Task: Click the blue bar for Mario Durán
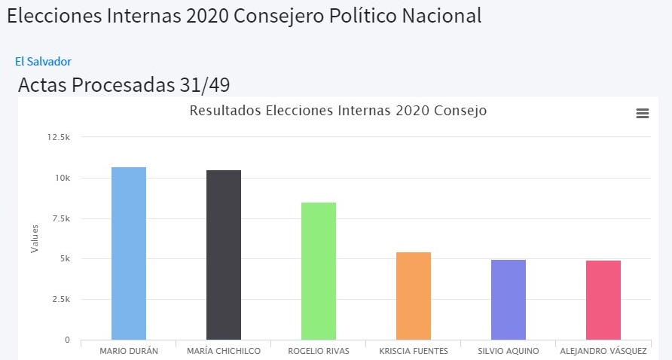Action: tap(129, 253)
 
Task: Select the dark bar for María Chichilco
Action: tap(224, 255)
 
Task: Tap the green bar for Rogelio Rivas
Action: tap(319, 271)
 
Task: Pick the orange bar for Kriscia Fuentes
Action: tap(414, 296)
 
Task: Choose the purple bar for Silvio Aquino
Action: tap(509, 300)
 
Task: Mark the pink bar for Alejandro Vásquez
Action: tap(603, 300)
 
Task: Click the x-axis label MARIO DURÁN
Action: tap(129, 351)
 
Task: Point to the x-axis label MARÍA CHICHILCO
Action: tap(224, 351)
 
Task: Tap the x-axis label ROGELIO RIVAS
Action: tap(319, 351)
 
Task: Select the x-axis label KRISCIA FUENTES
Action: tap(414, 351)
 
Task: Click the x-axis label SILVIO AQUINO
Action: tap(509, 351)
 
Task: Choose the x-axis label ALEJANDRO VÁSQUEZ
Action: tap(603, 351)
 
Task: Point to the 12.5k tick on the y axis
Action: tap(58, 137)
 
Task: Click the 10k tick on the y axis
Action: tap(63, 178)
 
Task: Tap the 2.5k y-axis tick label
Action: tap(60, 299)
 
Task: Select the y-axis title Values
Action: tap(34, 239)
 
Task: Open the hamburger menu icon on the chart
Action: tap(643, 113)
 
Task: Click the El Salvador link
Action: tap(43, 62)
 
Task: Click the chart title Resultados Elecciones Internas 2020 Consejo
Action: tap(338, 111)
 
